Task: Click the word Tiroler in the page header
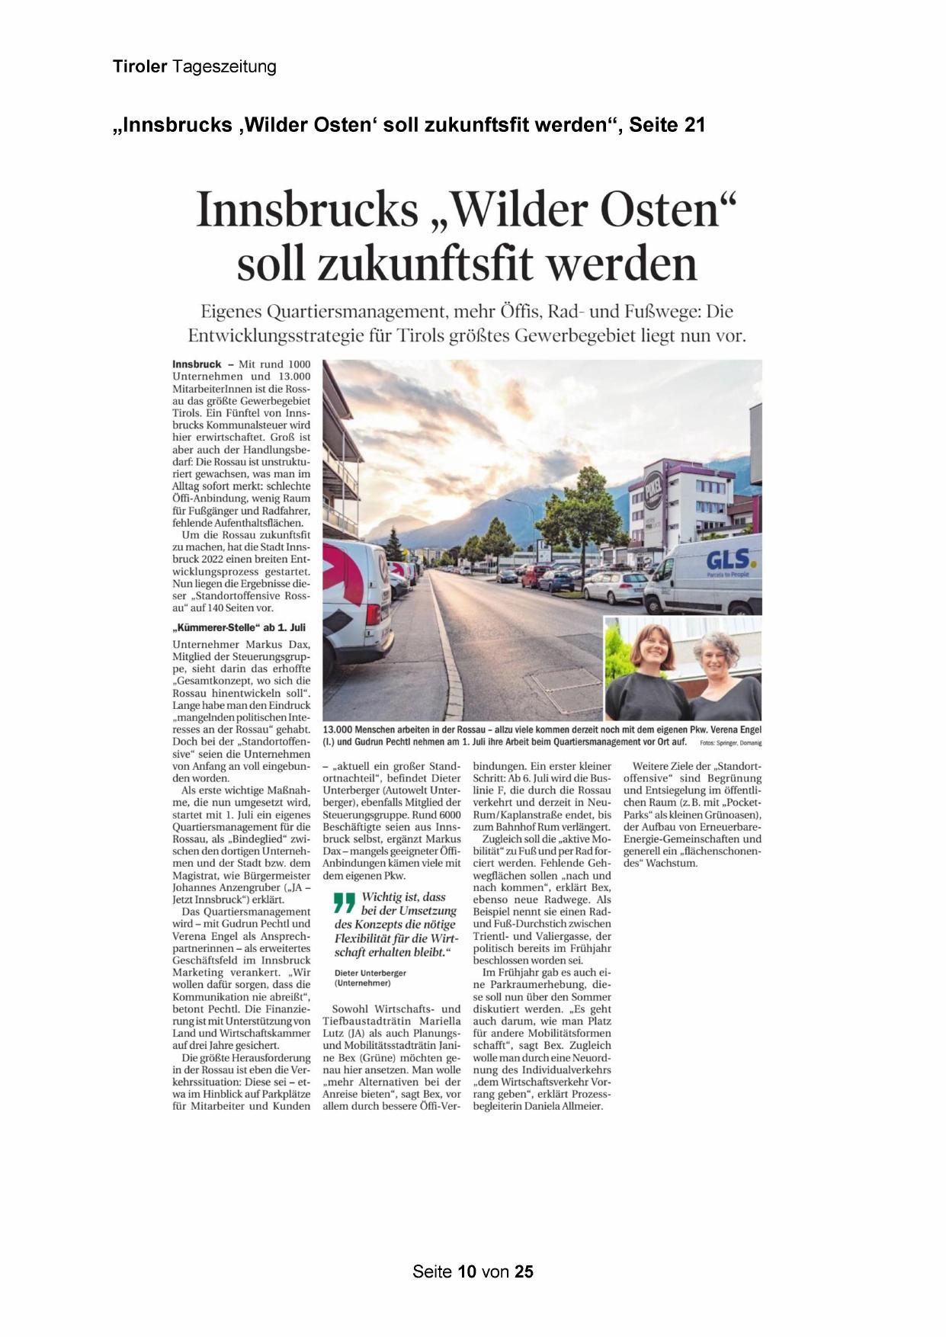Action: [x=139, y=67]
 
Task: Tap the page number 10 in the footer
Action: [x=467, y=1271]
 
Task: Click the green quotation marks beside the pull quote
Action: [x=345, y=903]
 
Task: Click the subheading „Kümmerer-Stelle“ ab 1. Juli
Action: [x=239, y=627]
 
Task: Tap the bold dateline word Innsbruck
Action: [x=197, y=364]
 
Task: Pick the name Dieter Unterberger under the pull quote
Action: [x=370, y=973]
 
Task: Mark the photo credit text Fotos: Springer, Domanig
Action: [x=730, y=742]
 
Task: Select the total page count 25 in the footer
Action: [x=524, y=1271]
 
